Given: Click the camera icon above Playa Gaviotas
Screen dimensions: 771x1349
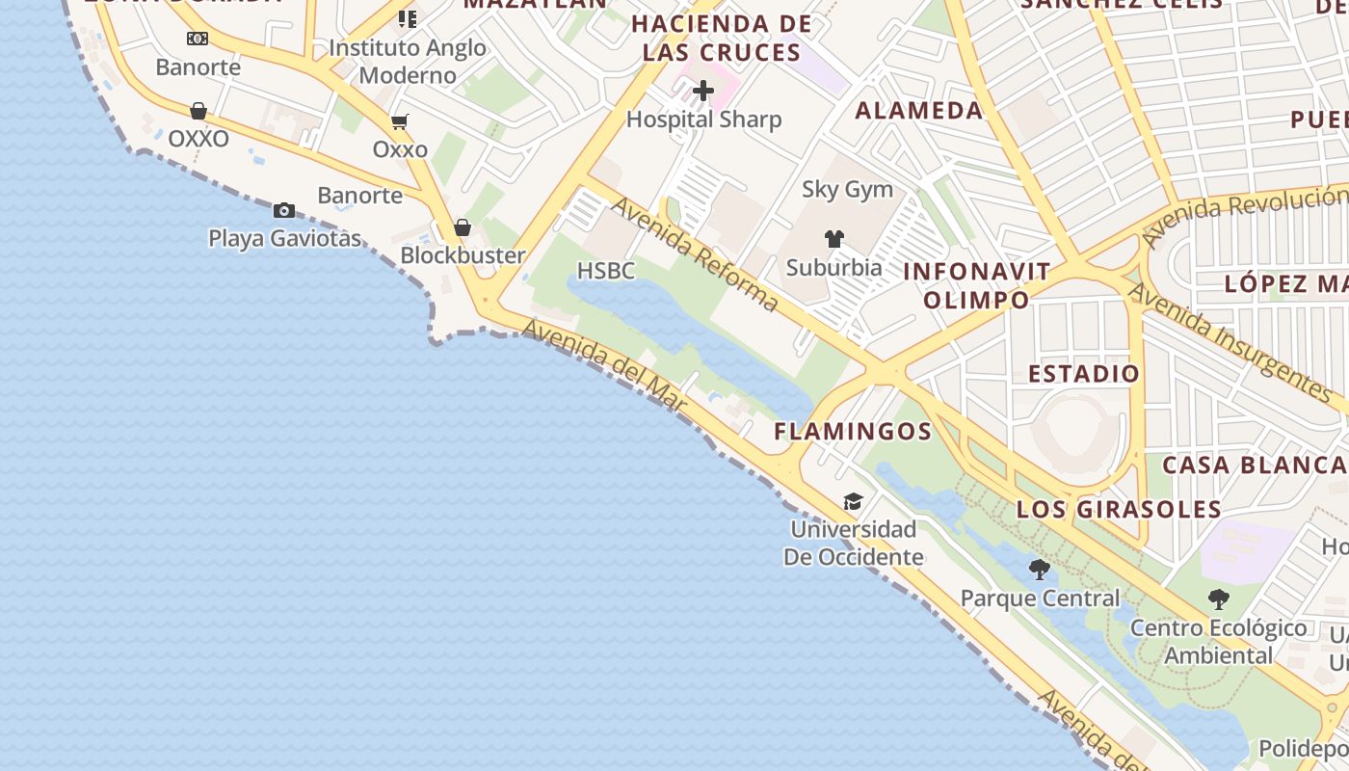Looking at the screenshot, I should click(x=284, y=210).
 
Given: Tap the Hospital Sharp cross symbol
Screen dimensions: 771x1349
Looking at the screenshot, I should click(x=703, y=92).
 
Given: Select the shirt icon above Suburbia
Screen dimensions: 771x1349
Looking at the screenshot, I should click(x=834, y=239).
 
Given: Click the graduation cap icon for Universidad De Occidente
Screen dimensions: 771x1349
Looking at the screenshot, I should click(x=853, y=501).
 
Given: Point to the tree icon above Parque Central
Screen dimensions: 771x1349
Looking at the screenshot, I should click(x=1040, y=570).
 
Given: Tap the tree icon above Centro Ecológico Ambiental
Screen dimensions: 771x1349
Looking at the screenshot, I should click(x=1219, y=599).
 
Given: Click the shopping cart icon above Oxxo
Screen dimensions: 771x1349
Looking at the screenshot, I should click(x=400, y=122).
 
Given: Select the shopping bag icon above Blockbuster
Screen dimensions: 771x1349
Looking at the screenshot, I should click(x=463, y=227).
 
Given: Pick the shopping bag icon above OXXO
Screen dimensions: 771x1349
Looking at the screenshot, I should click(x=198, y=111).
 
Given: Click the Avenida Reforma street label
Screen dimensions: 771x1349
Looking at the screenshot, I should click(x=695, y=254).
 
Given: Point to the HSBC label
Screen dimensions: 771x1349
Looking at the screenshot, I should click(x=606, y=271).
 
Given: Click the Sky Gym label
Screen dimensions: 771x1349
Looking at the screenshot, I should click(x=848, y=189).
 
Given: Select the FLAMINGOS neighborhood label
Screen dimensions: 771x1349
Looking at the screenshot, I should click(x=853, y=431).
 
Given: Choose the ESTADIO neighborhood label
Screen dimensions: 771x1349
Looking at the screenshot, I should click(x=1084, y=373).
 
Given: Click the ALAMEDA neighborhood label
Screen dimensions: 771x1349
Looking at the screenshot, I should click(x=919, y=110).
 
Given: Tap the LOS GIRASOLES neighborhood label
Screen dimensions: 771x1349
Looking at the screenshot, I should click(x=1119, y=509).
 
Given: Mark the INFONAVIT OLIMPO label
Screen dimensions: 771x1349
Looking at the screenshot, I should click(x=976, y=285).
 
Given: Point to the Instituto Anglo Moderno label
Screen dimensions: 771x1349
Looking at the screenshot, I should click(x=408, y=61).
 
